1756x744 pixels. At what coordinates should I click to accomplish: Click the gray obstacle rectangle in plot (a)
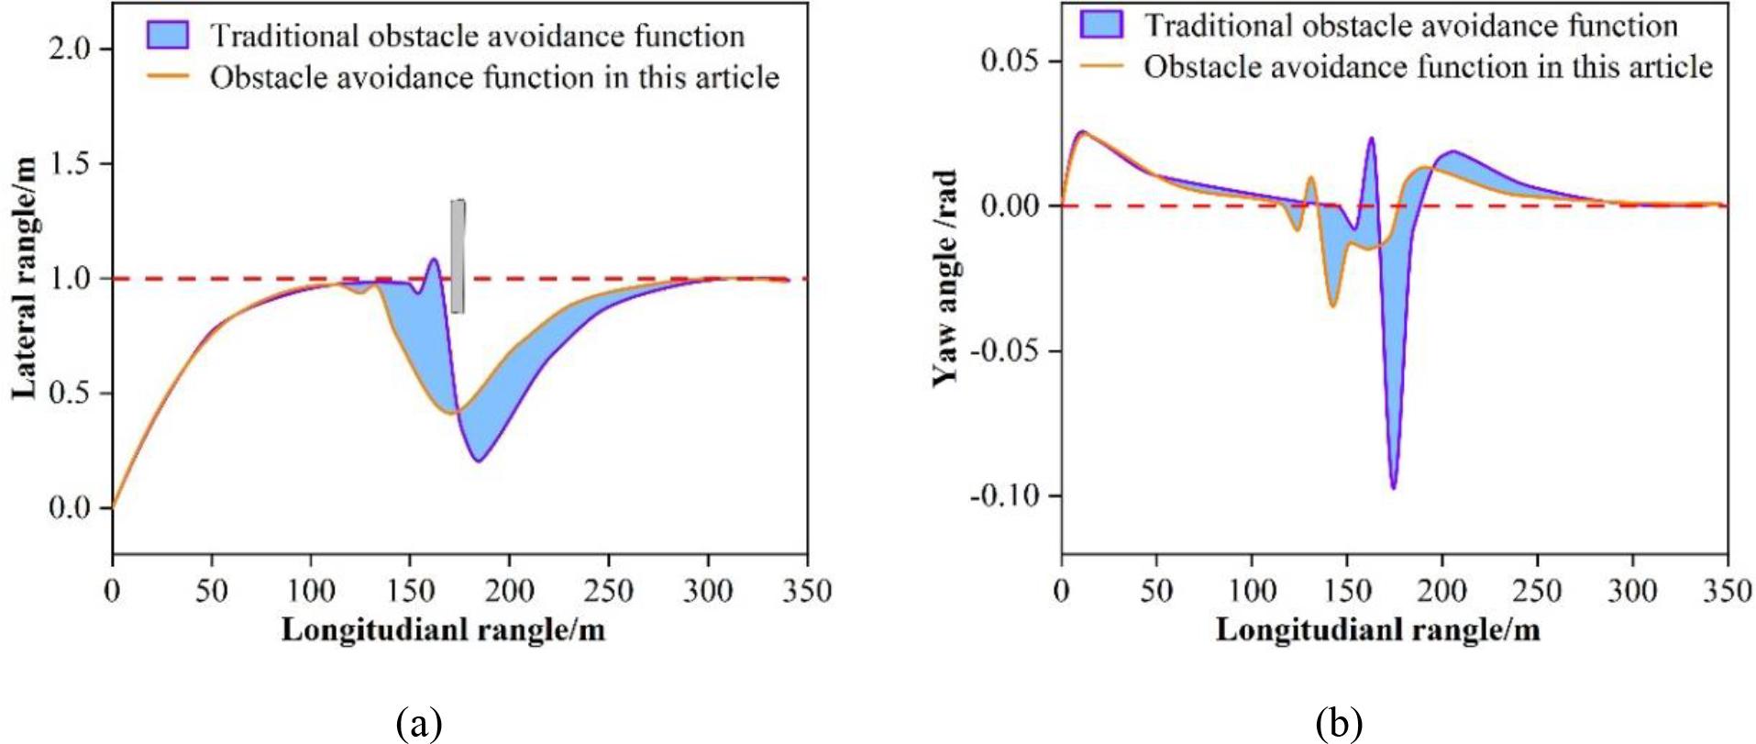458,256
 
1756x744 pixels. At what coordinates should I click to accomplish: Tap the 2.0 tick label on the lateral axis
71,49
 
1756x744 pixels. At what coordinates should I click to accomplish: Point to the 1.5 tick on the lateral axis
71,163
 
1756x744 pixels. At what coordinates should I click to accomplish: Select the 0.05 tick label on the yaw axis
1013,61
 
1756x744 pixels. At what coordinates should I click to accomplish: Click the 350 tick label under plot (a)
807,591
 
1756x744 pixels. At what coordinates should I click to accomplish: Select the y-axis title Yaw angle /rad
944,278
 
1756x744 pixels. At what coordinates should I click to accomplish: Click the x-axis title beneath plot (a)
443,630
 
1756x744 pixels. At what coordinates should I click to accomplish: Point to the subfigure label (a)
420,724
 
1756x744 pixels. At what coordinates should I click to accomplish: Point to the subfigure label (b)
1339,724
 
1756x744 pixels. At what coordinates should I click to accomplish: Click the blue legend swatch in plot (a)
167,36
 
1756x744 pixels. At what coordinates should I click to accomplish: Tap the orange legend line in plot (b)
1100,67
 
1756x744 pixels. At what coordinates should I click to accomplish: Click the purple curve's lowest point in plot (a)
478,461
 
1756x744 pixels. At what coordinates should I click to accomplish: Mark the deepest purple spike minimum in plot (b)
1393,488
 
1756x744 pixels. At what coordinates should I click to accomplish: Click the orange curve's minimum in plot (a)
452,413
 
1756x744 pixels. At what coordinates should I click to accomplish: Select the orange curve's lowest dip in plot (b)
1332,306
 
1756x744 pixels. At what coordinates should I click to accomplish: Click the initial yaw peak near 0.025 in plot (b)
1082,132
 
